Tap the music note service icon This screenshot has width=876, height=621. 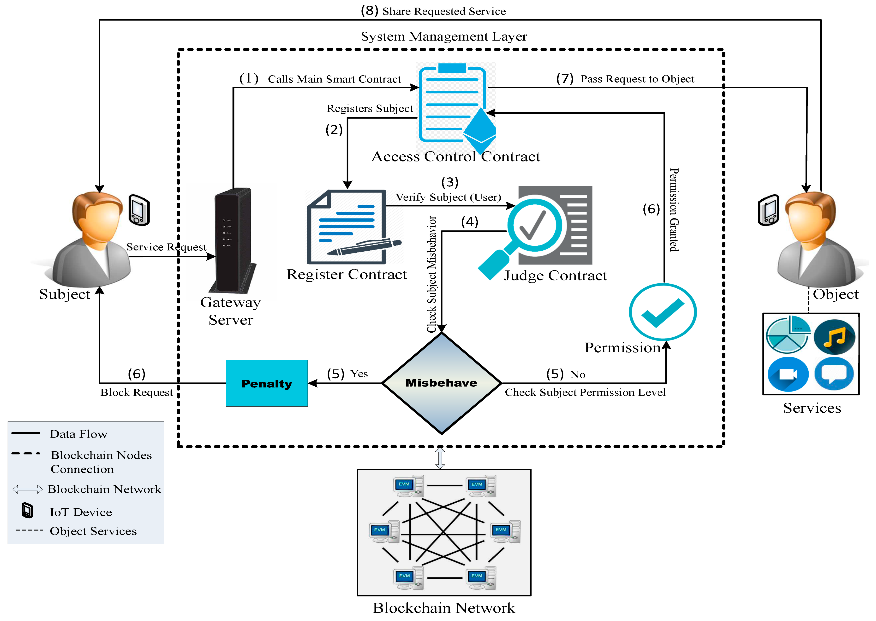coord(834,337)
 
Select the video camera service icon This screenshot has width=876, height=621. coord(788,374)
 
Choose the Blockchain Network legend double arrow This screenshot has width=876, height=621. coord(28,489)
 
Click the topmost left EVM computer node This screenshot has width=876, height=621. coord(408,486)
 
